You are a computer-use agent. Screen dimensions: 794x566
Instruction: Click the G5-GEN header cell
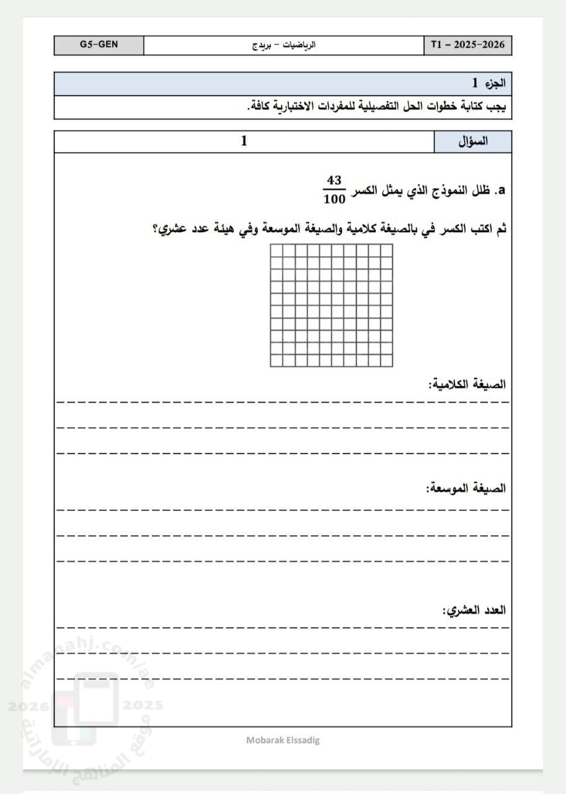(99, 45)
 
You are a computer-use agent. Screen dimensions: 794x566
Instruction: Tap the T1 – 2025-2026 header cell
(468, 45)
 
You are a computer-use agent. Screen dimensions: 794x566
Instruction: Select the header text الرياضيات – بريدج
(286, 45)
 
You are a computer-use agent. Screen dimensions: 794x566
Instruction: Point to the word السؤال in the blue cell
(472, 141)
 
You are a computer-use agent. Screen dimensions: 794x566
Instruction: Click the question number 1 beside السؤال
(244, 141)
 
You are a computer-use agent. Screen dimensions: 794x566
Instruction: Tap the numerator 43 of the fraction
(334, 181)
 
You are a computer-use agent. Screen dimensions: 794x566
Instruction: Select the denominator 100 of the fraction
(334, 199)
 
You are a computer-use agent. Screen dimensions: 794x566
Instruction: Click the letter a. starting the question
(502, 191)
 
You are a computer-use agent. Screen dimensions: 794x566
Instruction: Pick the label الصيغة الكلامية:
(467, 384)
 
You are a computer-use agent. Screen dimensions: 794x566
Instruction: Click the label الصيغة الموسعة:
(466, 488)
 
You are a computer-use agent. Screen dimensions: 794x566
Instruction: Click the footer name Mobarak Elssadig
(283, 740)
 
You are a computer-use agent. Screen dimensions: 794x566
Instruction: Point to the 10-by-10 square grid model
(331, 305)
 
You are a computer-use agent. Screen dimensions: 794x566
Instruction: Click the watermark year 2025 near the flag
(143, 705)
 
